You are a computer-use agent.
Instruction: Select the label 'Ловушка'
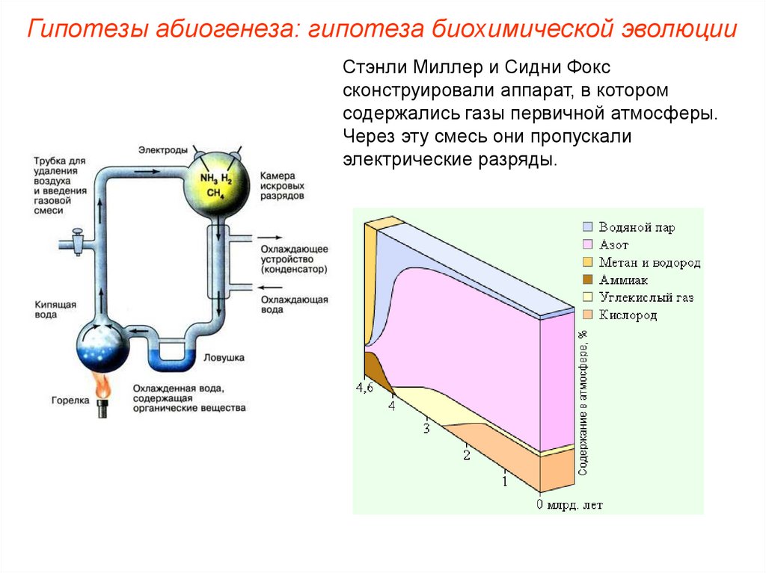[224, 358]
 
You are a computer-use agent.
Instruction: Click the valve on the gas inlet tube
[75, 241]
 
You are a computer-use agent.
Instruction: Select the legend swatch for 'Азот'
[588, 244]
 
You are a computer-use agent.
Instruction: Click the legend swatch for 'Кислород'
[588, 315]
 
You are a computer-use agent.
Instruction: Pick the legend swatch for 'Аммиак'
[588, 280]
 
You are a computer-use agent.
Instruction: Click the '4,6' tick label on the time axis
[364, 387]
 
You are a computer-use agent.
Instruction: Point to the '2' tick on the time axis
[467, 455]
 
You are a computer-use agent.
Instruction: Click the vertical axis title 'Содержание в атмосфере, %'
[583, 403]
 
